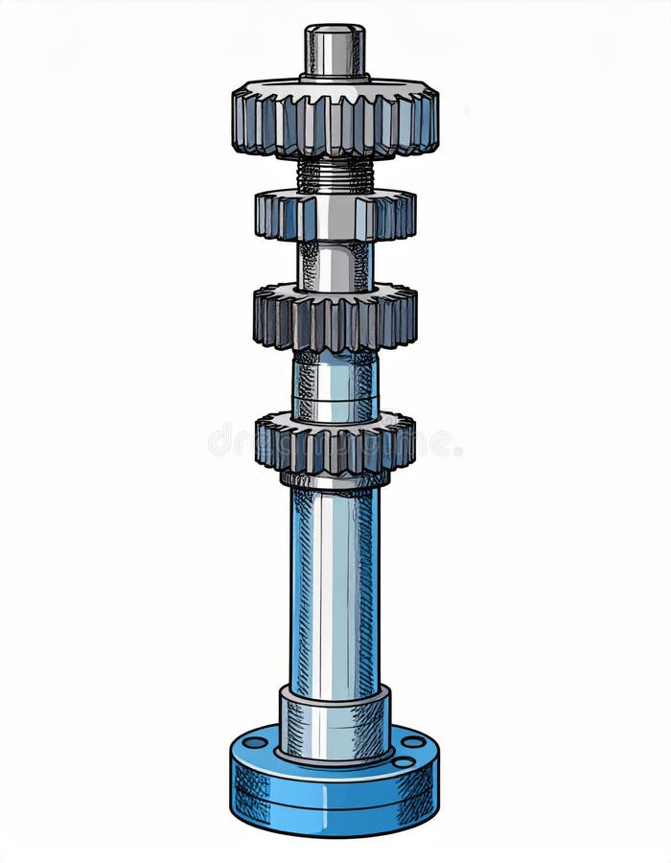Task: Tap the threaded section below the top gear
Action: coord(335,175)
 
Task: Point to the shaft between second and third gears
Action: coord(335,265)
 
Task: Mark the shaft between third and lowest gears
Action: coord(335,384)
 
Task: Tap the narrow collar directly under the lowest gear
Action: coord(335,478)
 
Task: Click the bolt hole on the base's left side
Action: coord(254,742)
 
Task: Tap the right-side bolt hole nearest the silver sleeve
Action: coord(404,761)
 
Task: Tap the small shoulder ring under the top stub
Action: coord(335,77)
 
